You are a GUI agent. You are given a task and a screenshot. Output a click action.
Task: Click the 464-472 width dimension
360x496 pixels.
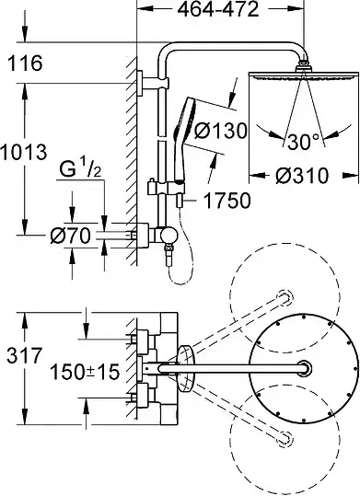point(218,10)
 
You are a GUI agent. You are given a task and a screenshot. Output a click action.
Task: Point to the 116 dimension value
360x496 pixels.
point(25,63)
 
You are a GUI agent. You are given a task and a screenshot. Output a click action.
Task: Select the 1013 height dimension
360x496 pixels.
point(24,152)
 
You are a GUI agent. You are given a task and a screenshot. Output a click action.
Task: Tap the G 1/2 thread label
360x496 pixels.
point(80,170)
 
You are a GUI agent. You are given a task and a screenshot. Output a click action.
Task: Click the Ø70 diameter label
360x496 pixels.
point(70,236)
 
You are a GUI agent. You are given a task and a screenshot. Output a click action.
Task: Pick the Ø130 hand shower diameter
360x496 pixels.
point(220,131)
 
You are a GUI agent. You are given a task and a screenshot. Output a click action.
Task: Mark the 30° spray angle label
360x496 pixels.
point(303,142)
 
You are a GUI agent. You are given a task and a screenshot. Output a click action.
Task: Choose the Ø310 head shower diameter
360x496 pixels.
point(302,176)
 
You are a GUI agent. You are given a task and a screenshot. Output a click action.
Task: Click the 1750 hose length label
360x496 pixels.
point(226,201)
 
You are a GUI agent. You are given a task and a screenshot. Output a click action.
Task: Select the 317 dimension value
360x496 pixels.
point(24,355)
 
